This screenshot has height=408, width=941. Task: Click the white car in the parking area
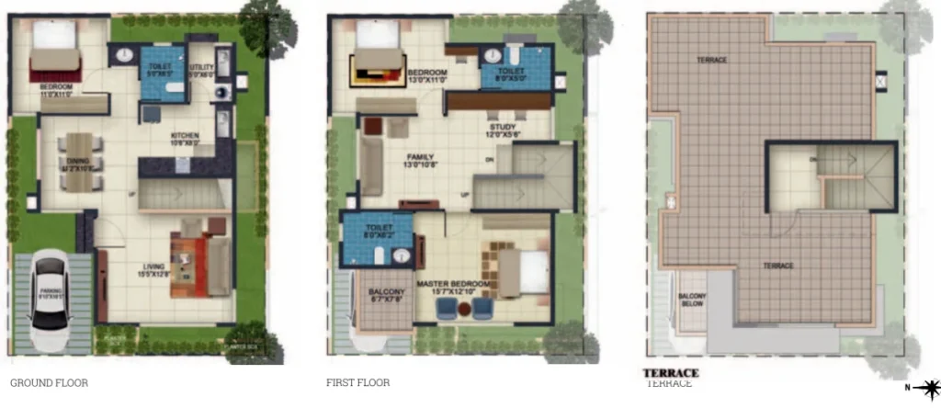point(48,303)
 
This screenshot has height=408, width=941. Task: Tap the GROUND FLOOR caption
point(49,382)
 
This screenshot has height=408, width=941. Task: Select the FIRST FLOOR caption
point(357,382)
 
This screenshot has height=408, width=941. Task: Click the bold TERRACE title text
point(673,373)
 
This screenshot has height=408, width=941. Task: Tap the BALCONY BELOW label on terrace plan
point(692,299)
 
